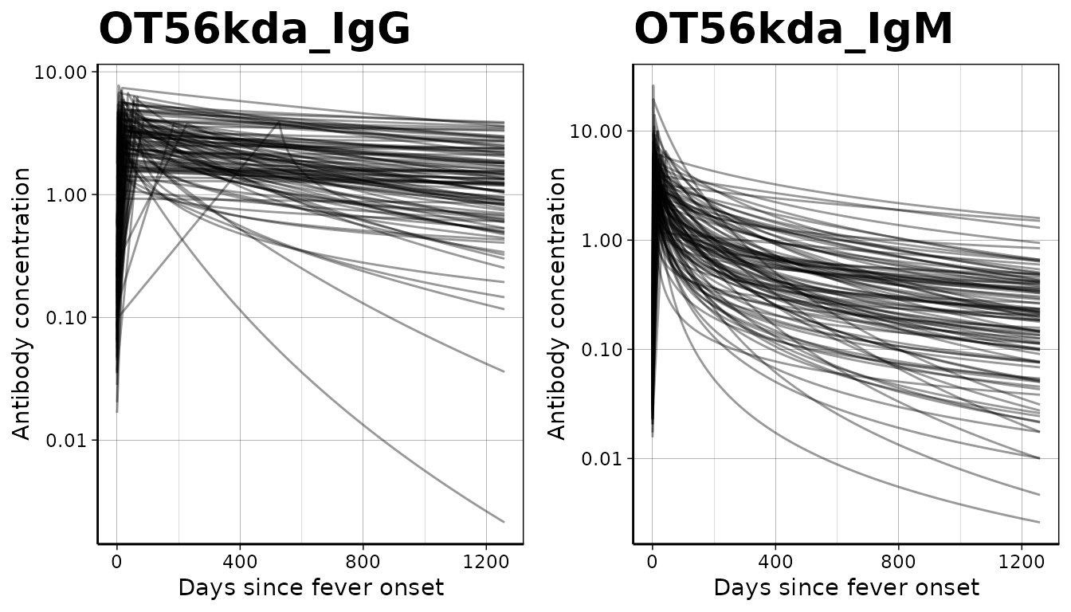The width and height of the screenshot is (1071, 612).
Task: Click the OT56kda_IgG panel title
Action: point(254,30)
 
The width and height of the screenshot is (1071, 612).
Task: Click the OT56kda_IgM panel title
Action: point(793,30)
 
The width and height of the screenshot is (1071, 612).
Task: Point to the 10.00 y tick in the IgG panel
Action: point(60,73)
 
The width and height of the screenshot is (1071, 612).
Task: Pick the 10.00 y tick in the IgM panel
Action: point(595,131)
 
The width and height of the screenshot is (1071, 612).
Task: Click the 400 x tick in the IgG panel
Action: point(240,561)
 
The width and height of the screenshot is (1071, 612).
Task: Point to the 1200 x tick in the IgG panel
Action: point(486,561)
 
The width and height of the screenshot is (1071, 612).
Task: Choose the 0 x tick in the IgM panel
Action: point(652,561)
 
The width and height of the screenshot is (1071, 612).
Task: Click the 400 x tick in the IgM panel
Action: point(775,561)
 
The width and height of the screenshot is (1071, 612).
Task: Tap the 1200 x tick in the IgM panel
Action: point(1022,561)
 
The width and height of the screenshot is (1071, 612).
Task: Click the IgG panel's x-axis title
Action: point(310,588)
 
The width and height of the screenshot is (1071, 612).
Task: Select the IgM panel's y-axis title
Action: point(558,304)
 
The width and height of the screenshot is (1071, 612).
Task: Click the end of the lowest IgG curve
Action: point(504,522)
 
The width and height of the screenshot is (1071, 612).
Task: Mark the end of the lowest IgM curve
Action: point(1039,523)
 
